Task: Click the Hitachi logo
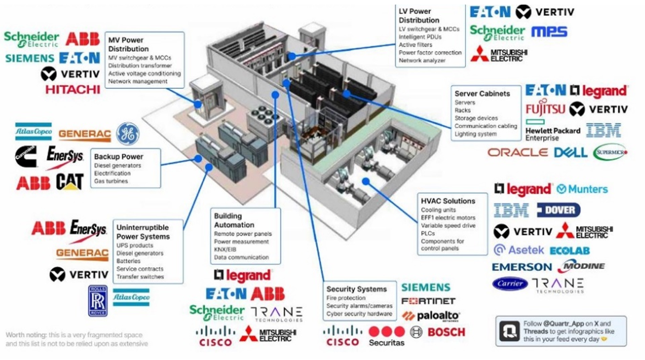point(73,89)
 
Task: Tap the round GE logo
point(128,133)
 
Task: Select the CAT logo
point(70,182)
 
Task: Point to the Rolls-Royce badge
point(98,301)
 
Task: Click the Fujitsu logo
point(545,109)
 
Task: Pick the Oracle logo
point(518,152)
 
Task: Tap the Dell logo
point(571,152)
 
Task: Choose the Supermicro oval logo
point(610,152)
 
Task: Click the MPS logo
point(549,31)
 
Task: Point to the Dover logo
point(559,210)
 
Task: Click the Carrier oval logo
point(510,284)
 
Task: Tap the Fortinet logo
point(428,301)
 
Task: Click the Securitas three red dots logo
point(386,332)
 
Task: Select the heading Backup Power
point(118,157)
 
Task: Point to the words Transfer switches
point(140,277)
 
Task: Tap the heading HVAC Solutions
point(448,201)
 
